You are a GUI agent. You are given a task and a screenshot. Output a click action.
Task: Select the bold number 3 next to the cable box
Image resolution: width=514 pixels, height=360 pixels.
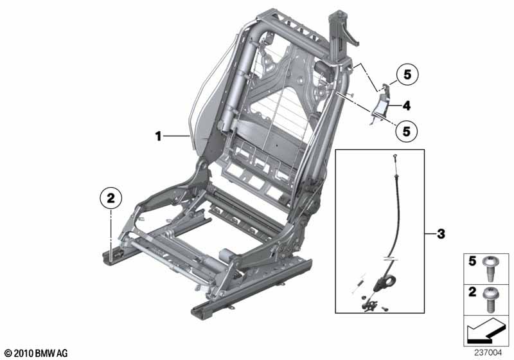point(441,233)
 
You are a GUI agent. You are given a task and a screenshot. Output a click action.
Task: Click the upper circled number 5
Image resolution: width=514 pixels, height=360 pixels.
point(405,75)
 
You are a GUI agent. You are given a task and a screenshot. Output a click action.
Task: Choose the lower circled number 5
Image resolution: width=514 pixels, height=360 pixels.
point(405,131)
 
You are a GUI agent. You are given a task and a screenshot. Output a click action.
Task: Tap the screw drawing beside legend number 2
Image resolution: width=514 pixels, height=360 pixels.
point(491,298)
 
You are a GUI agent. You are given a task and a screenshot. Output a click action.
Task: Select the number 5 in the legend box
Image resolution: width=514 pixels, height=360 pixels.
point(472,262)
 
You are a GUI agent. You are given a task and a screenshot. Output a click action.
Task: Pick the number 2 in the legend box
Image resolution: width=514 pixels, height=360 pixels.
point(472,292)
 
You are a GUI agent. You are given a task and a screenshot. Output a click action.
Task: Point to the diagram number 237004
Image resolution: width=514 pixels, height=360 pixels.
point(488,352)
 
